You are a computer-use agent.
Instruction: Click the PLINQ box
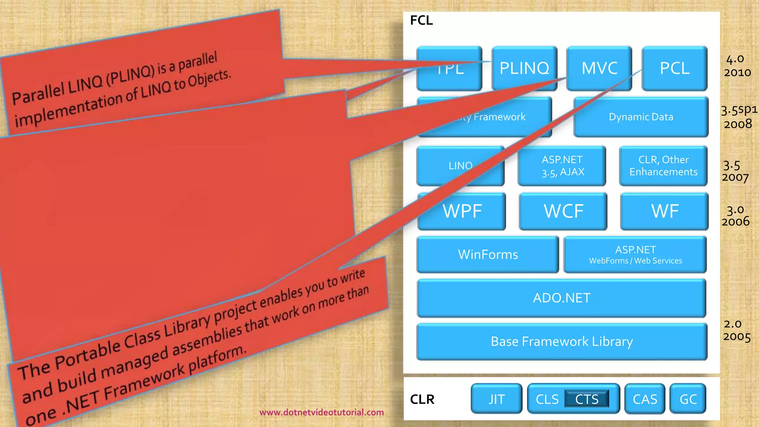[524, 68]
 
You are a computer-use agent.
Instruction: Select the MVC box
[599, 68]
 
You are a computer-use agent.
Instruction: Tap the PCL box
[675, 68]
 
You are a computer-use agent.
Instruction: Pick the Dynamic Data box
[641, 117]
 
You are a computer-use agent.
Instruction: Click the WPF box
[462, 211]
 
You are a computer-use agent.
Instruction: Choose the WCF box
[563, 211]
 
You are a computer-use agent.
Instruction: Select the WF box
[664, 211]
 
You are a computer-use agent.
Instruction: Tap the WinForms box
[488, 255]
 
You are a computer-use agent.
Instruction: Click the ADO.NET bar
[561, 298]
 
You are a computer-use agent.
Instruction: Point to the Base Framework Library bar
[561, 341]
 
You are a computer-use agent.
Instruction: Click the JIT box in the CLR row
[496, 399]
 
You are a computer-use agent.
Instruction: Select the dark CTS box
[587, 399]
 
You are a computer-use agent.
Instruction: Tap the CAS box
[645, 399]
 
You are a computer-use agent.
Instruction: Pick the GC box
[688, 399]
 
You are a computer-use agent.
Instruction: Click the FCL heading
[421, 20]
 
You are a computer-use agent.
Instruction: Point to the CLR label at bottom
[422, 399]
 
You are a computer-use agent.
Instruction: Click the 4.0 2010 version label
[737, 66]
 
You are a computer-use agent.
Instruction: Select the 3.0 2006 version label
[735, 216]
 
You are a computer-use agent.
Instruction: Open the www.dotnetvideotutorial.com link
[321, 412]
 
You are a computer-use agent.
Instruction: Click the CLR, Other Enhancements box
[663, 166]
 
